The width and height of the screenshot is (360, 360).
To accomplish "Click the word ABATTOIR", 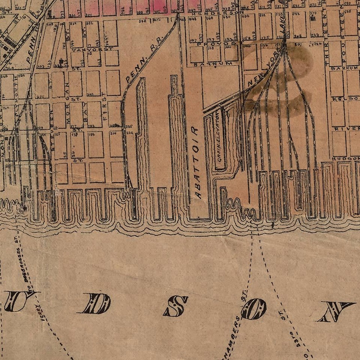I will click(x=196, y=162).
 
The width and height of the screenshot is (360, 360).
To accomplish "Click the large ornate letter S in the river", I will click(x=176, y=306).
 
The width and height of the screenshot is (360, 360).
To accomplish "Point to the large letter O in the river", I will click(x=254, y=309).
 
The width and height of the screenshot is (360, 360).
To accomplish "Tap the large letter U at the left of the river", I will click(x=19, y=301).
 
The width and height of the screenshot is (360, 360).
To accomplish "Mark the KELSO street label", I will click(x=345, y=99).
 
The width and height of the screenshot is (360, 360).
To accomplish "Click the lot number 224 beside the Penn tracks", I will click(x=130, y=132).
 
